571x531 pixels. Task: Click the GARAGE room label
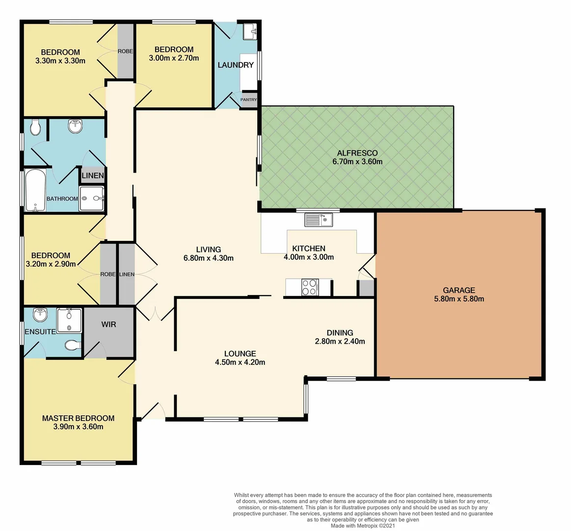pyautogui.click(x=459, y=290)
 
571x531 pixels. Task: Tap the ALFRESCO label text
pyautogui.click(x=357, y=153)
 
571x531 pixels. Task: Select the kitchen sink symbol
pyautogui.click(x=319, y=219)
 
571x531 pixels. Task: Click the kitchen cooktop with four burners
pyautogui.click(x=309, y=287)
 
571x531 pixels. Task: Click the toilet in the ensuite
pyautogui.click(x=72, y=346)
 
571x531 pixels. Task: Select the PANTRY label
pyautogui.click(x=248, y=100)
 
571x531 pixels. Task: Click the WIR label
pyautogui.click(x=109, y=324)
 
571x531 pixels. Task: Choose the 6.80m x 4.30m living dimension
pyautogui.click(x=208, y=258)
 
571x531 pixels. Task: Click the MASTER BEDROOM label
pyautogui.click(x=78, y=418)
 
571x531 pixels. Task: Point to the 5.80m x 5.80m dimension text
pyautogui.click(x=459, y=299)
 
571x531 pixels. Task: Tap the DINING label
pyautogui.click(x=340, y=332)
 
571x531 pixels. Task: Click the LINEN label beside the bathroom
pyautogui.click(x=92, y=176)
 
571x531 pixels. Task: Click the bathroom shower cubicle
pyautogui.click(x=92, y=199)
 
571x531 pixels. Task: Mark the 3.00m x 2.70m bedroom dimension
pyautogui.click(x=174, y=58)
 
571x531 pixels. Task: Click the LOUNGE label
pyautogui.click(x=240, y=354)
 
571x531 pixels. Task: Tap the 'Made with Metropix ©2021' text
pyautogui.click(x=362, y=526)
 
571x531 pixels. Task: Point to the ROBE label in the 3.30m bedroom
pyautogui.click(x=125, y=51)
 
